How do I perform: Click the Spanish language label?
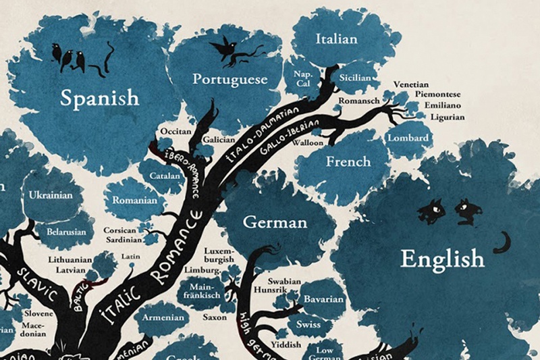point(100,99)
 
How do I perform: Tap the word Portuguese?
point(230,79)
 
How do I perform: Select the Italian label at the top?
point(336,39)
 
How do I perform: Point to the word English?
point(442,257)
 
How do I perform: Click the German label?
point(275,222)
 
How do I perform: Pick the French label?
point(348,161)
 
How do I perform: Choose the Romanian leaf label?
point(135,200)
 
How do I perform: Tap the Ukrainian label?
point(51,195)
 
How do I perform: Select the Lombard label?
point(408,138)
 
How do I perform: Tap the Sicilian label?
point(355,78)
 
